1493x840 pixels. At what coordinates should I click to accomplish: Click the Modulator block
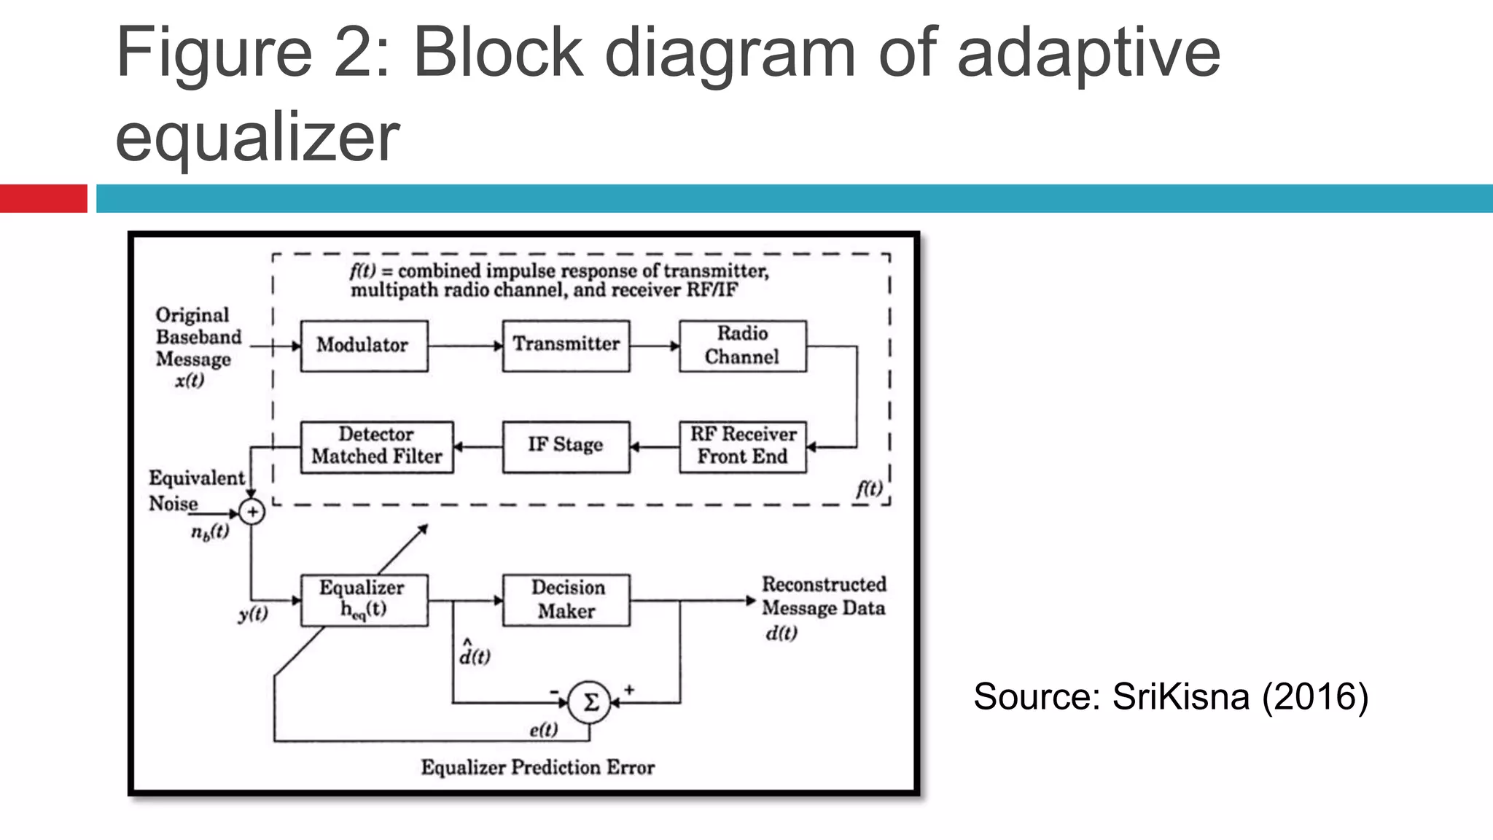click(364, 346)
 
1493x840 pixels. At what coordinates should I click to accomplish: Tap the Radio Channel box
click(742, 346)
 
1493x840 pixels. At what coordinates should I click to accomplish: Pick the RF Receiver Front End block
click(742, 446)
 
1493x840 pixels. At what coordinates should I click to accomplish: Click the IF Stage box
click(566, 446)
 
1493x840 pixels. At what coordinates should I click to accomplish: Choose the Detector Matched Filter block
click(377, 446)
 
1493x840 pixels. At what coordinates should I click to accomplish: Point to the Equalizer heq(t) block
click(364, 599)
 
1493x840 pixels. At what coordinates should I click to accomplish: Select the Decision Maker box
click(566, 599)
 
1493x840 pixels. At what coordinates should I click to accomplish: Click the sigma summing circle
click(589, 702)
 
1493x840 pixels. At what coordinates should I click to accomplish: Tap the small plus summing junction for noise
click(252, 512)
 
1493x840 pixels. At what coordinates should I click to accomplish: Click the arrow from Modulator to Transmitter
click(465, 346)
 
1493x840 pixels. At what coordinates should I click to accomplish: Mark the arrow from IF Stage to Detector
click(477, 446)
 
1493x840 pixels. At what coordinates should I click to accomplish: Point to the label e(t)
click(543, 730)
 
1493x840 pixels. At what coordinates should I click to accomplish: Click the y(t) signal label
click(253, 614)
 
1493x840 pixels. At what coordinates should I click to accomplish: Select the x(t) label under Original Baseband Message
click(190, 381)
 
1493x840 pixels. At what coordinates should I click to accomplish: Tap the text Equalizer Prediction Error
click(537, 767)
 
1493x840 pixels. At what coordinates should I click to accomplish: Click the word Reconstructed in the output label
click(824, 584)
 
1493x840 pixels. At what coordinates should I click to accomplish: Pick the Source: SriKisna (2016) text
click(1170, 696)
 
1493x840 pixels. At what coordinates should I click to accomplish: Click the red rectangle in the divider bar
click(43, 198)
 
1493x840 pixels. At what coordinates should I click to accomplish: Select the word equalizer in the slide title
click(257, 136)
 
